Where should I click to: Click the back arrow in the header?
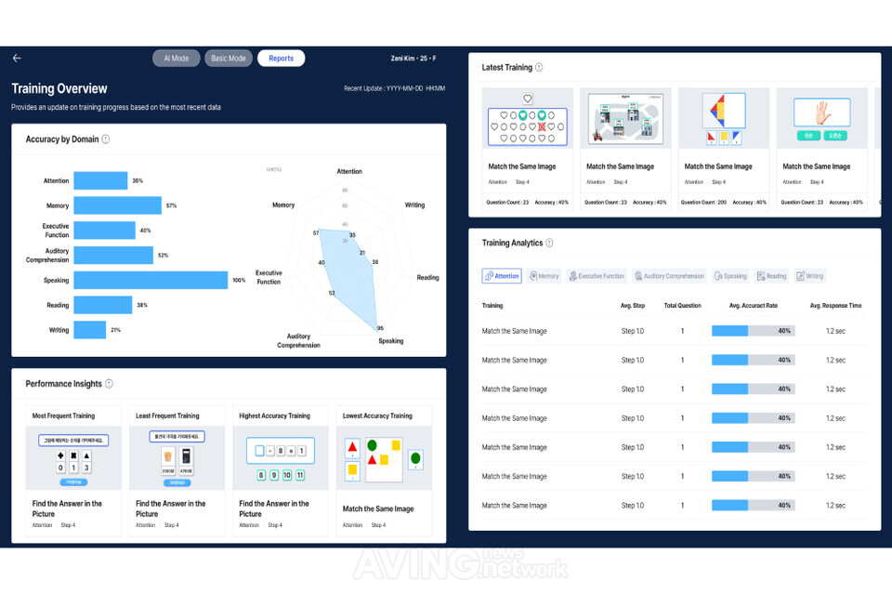tap(17, 59)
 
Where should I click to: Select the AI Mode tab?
tap(176, 59)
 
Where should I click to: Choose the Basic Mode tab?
tap(228, 59)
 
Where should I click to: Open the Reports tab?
tap(281, 59)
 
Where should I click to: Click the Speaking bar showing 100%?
tap(151, 280)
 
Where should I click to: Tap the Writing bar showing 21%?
tap(90, 330)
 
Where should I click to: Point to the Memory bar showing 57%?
tap(117, 205)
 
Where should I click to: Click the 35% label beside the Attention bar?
tap(138, 181)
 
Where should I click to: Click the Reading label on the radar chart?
tap(427, 278)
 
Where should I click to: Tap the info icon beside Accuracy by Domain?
tap(106, 139)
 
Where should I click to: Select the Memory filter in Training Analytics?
tap(544, 276)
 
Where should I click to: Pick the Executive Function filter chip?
tap(597, 276)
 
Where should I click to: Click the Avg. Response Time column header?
tap(835, 306)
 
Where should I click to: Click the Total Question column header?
tap(682, 306)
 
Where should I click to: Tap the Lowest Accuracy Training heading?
tap(377, 416)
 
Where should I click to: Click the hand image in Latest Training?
tap(821, 113)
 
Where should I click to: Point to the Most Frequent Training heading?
tap(63, 416)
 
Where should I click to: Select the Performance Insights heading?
tap(63, 384)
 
